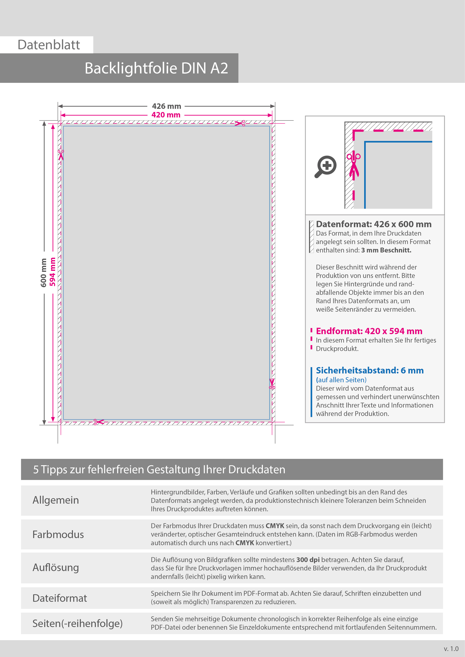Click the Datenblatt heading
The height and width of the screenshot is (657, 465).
click(x=49, y=45)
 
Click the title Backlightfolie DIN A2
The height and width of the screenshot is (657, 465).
click(x=156, y=68)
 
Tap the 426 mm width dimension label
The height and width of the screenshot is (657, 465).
click(x=166, y=106)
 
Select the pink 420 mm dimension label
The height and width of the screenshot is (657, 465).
click(x=166, y=115)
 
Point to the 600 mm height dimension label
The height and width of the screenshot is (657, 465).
click(x=43, y=273)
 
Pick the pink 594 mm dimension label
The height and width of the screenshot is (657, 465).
click(x=52, y=272)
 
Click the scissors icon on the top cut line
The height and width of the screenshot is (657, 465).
click(x=240, y=123)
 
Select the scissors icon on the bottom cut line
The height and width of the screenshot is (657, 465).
click(x=99, y=422)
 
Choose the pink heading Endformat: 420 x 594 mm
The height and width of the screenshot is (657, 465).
click(x=369, y=331)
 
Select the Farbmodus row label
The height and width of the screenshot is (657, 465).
click(x=58, y=535)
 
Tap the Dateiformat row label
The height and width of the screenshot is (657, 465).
click(x=60, y=598)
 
